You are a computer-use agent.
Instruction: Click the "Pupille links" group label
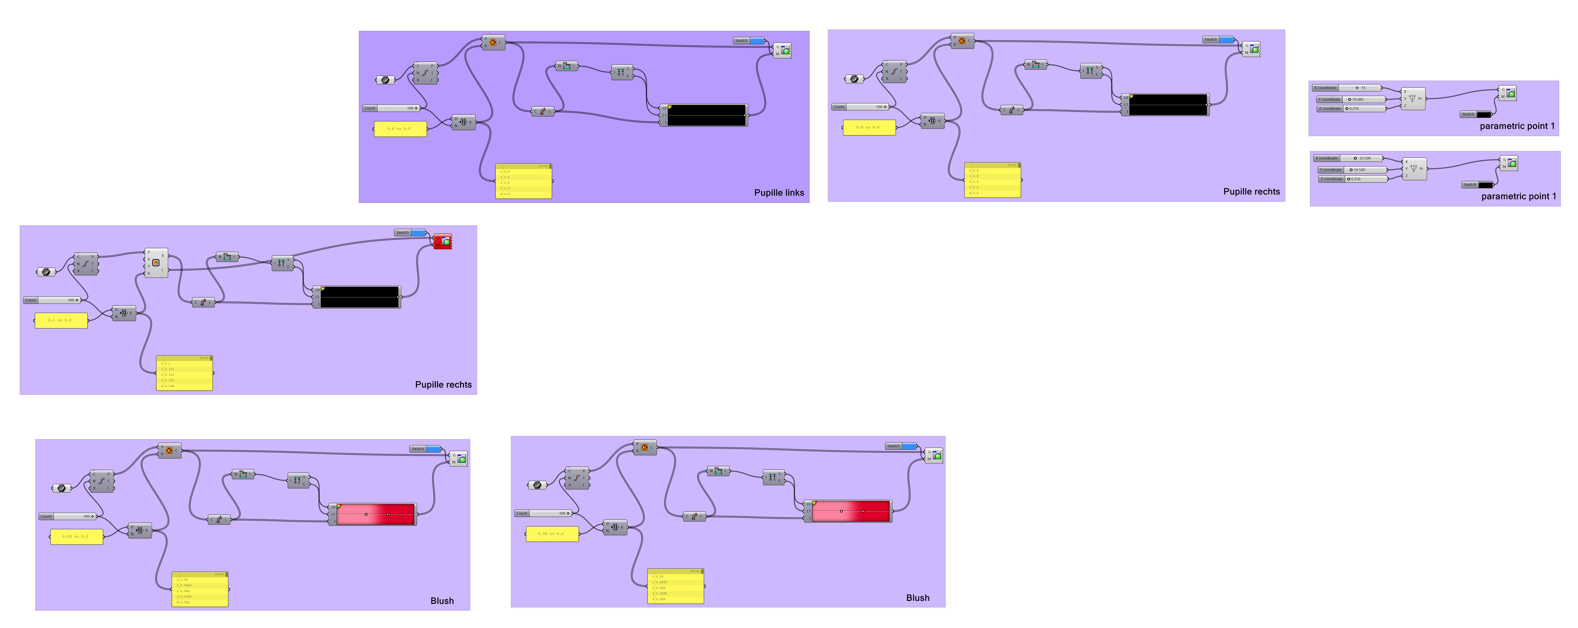click(x=779, y=193)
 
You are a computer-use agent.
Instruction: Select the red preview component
click(x=442, y=241)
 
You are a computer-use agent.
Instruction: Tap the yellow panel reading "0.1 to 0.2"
click(x=61, y=320)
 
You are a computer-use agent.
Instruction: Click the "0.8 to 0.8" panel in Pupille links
click(x=400, y=129)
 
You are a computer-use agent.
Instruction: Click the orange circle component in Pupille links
click(x=493, y=42)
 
